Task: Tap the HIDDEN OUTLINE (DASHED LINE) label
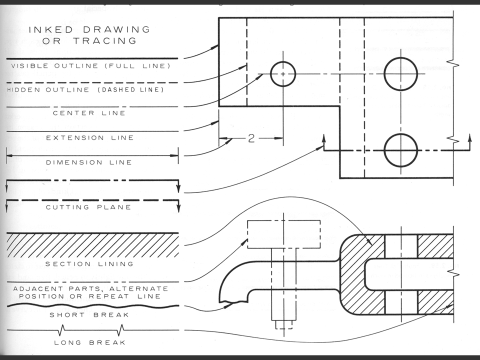(x=85, y=90)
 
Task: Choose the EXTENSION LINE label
(x=93, y=137)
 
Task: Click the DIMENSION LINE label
(x=88, y=162)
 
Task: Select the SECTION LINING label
(x=88, y=263)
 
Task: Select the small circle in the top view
(x=283, y=74)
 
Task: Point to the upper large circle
(x=400, y=74)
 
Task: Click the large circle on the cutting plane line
(x=400, y=150)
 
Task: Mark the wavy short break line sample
(x=92, y=304)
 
